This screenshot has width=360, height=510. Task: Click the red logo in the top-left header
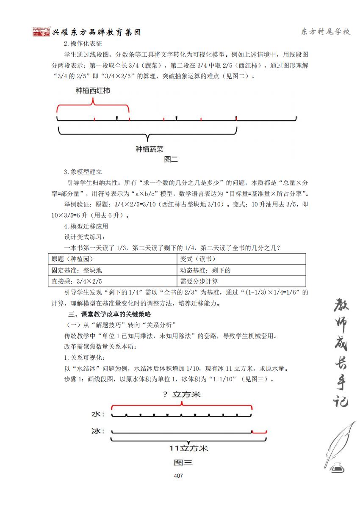coord(42,32)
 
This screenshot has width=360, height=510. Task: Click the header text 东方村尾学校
coord(325,32)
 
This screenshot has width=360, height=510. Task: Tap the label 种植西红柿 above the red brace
coord(93,91)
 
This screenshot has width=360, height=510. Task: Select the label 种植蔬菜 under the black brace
coord(150,149)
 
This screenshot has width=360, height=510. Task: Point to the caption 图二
coord(171,160)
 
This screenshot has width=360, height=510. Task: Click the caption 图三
coord(183,462)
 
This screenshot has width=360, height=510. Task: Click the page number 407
coord(178,476)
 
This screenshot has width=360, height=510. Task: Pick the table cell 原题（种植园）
coord(72,259)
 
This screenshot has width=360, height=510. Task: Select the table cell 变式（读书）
coord(198,259)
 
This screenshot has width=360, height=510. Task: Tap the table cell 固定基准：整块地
coord(77,270)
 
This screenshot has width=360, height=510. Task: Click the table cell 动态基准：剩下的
coord(205,270)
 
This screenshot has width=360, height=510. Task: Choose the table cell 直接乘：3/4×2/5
coord(77,281)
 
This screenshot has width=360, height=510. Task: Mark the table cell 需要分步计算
coord(199,281)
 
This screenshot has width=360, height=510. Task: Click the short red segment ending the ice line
coord(259,432)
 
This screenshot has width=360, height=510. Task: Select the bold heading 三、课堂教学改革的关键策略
coord(110,314)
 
